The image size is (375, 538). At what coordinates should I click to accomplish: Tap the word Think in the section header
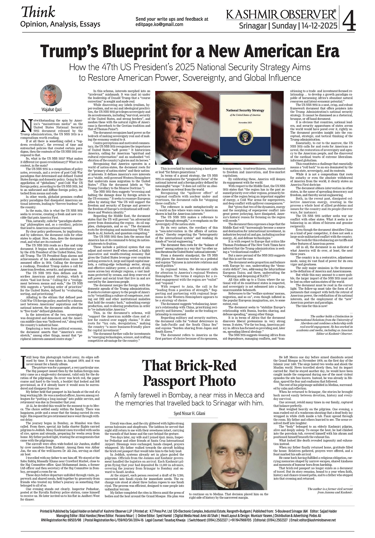tap(38, 12)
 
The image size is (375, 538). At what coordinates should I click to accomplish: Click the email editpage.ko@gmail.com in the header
tap(159, 24)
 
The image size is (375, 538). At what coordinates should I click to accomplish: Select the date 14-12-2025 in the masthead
tap(318, 25)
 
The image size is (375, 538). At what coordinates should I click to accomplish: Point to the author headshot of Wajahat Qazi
tap(51, 95)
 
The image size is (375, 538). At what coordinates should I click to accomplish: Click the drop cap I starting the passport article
tap(22, 363)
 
